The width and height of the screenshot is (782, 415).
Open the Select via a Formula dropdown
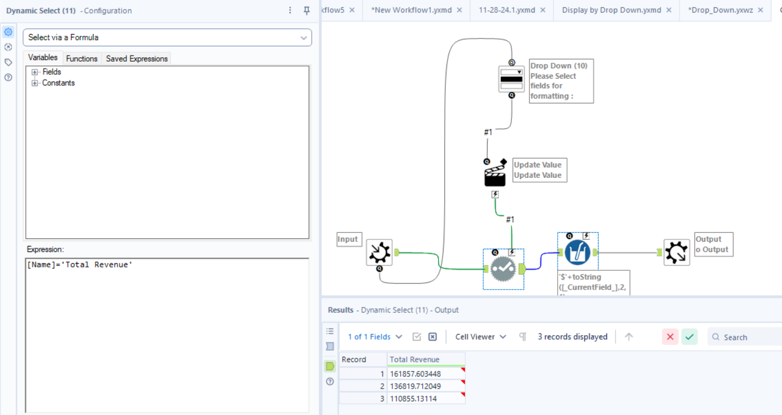(167, 37)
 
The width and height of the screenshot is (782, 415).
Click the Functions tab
(82, 58)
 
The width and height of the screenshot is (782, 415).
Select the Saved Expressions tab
(137, 58)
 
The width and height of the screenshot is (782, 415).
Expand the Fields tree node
(35, 72)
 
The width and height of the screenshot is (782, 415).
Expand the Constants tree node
(35, 83)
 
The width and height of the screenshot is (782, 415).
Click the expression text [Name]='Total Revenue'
(80, 265)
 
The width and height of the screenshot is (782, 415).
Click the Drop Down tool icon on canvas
(511, 79)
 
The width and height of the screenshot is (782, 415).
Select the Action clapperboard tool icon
(495, 176)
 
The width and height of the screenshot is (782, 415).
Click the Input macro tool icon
(379, 253)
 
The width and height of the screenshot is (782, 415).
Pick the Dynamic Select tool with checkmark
(503, 269)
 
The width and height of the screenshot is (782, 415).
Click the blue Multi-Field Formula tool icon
(577, 253)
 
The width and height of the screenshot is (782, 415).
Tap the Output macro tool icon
(676, 253)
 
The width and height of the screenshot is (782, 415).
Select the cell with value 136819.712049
(425, 386)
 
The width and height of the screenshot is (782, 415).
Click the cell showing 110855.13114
(425, 398)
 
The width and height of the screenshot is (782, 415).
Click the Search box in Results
(749, 337)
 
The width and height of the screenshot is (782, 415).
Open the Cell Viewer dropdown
(480, 337)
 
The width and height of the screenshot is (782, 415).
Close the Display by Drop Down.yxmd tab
(669, 10)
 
